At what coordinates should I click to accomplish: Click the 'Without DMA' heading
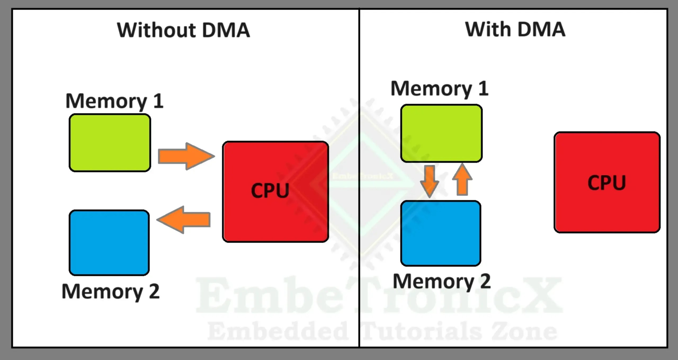(x=184, y=30)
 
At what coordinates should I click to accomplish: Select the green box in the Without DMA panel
(x=110, y=143)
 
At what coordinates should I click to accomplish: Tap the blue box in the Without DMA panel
(x=109, y=243)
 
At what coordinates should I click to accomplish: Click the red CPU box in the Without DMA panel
(x=276, y=192)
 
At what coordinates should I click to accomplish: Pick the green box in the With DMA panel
(x=441, y=133)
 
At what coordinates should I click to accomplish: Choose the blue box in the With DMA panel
(x=441, y=233)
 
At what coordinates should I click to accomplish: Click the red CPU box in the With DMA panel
(x=607, y=182)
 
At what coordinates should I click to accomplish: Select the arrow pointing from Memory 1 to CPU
(x=186, y=156)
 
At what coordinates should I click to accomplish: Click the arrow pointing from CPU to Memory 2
(x=184, y=220)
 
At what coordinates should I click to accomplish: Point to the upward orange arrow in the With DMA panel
(x=462, y=179)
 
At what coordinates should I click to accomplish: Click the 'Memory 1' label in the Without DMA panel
(x=114, y=101)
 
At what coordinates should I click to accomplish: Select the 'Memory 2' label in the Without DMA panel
(x=111, y=291)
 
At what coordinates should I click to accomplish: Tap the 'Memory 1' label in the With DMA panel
(x=440, y=89)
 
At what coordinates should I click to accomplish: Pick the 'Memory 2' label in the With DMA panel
(x=442, y=281)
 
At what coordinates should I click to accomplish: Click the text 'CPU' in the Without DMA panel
(x=270, y=190)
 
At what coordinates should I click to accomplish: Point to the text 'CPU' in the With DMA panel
(x=607, y=183)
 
